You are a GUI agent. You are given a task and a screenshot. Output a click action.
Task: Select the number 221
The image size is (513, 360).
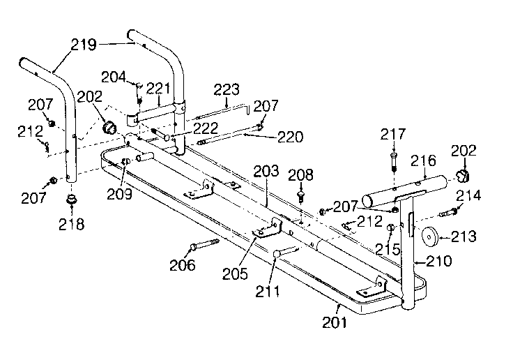tap(159, 88)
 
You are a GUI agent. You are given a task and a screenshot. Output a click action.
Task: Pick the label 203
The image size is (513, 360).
tap(266, 171)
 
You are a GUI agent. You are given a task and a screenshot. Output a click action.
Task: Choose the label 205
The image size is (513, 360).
tap(236, 273)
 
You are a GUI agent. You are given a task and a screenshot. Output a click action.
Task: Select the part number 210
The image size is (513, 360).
tap(438, 262)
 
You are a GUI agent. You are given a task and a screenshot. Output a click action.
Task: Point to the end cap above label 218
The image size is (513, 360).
tap(71, 202)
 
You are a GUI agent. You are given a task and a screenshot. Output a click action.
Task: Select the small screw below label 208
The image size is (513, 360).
tap(301, 197)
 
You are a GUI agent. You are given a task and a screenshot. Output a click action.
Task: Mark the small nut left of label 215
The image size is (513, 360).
tap(391, 228)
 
